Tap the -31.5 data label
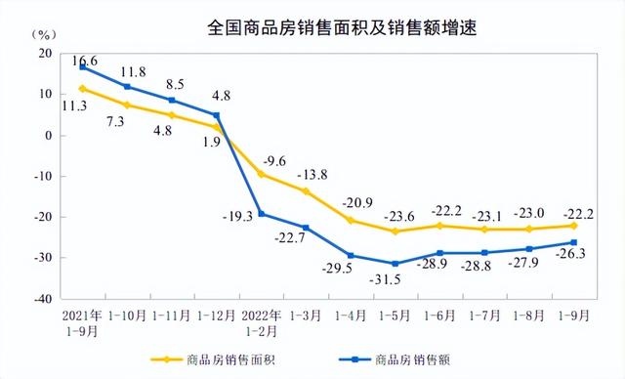[394, 280]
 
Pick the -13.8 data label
[313, 175]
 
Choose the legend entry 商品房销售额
[400, 358]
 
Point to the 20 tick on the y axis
[44, 54]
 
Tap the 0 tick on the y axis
[48, 136]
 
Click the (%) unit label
[43, 35]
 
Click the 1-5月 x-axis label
[394, 316]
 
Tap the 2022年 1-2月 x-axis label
[260, 323]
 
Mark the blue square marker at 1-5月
[394, 264]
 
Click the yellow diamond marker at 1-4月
[350, 221]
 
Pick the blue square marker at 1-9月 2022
[571, 242]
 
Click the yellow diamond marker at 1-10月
[127, 105]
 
